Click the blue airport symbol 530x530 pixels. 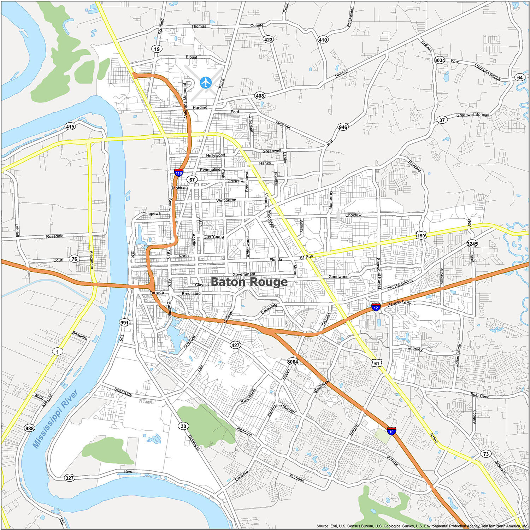(206, 82)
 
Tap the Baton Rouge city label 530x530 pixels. (249, 282)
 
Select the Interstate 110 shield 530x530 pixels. (178, 173)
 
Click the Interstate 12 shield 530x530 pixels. (376, 307)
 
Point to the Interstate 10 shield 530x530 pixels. (391, 431)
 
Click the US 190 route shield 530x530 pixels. (421, 236)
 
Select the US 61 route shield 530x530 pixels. (377, 363)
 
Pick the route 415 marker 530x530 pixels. (70, 126)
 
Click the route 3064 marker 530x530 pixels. (293, 361)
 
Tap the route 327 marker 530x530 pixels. (70, 478)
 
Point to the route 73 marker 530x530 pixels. (486, 454)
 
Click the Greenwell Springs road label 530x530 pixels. (472, 115)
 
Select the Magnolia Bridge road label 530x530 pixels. (487, 72)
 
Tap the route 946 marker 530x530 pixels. (343, 127)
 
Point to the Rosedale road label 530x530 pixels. (55, 236)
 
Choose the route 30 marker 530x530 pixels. (183, 426)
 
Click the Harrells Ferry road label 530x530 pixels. (399, 303)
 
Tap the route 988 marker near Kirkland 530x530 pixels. (29, 428)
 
